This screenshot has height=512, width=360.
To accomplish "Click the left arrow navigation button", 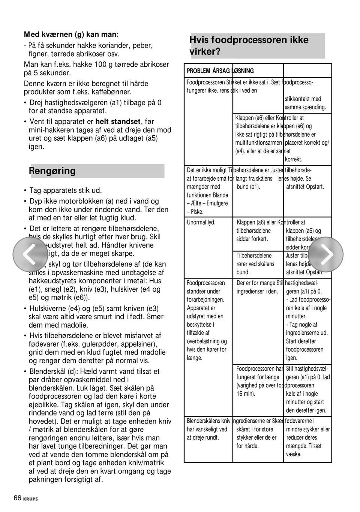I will [x=30, y=254].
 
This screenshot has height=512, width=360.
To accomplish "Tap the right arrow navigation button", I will [x=325, y=254].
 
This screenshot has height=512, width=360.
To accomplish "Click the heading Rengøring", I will [x=52, y=171].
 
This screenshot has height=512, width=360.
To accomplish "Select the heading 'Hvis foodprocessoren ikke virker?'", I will [x=249, y=46].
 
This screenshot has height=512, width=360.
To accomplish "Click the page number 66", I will [x=17, y=498].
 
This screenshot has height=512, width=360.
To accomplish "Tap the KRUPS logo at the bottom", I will [x=31, y=499].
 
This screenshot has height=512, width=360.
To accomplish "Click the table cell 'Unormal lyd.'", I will [x=201, y=222].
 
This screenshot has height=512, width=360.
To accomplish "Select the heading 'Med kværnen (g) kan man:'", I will [x=71, y=34].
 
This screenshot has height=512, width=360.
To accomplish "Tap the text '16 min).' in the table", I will [x=246, y=394].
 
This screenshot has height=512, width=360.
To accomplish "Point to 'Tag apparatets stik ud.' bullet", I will [x=65, y=190].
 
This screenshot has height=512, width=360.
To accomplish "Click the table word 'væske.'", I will [x=294, y=454].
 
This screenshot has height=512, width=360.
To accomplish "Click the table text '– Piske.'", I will [x=195, y=212].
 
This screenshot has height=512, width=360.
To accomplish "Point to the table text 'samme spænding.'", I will [x=305, y=107].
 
